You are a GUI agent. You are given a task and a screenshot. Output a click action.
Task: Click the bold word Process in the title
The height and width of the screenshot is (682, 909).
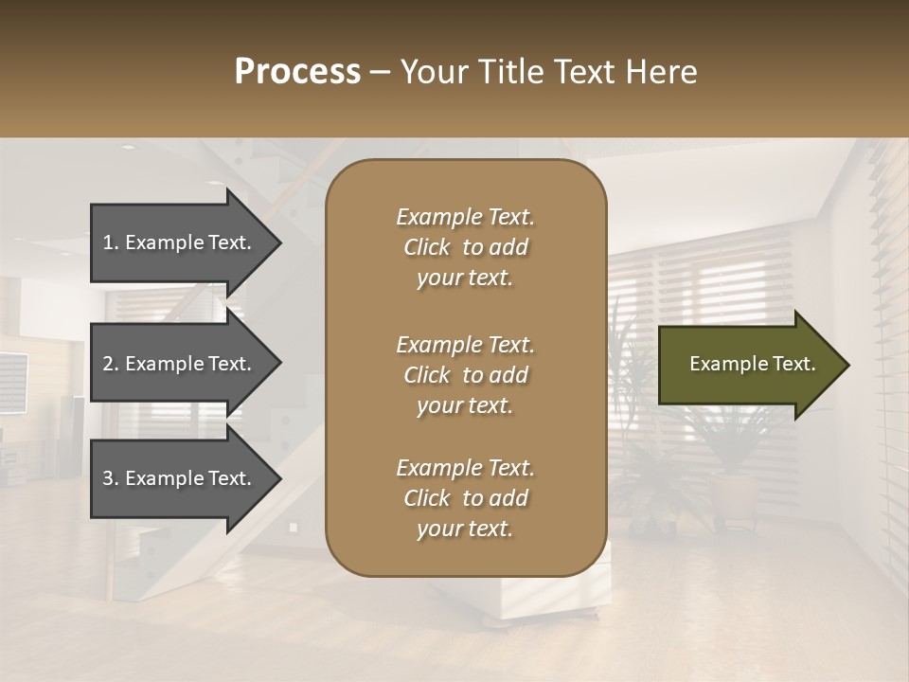[297, 72]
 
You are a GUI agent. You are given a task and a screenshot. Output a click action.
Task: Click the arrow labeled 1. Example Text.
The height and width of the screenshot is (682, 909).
[180, 242]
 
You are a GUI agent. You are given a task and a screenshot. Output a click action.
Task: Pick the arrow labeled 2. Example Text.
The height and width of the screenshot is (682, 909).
[180, 364]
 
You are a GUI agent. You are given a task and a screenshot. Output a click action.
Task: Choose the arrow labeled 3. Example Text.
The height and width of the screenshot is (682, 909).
[180, 478]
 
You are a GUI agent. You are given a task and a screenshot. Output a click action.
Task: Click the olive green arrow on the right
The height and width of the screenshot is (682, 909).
[748, 364]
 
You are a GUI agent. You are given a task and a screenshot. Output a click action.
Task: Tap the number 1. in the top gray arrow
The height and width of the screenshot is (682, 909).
[111, 242]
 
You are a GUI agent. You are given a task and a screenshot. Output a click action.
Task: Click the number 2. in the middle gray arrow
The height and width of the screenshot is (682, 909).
[111, 364]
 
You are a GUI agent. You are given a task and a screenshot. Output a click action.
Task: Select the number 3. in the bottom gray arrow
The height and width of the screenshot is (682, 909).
[111, 478]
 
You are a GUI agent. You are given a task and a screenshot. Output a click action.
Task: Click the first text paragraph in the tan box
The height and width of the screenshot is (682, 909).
[465, 247]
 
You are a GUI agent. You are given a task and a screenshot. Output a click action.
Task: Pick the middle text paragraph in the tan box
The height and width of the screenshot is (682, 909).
[465, 375]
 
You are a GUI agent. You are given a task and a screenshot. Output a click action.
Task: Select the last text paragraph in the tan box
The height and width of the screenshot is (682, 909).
[465, 498]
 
